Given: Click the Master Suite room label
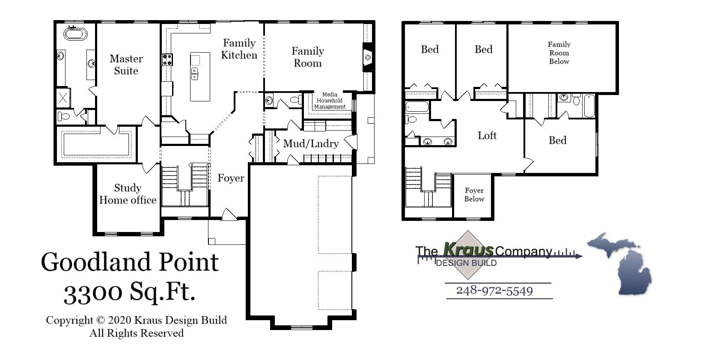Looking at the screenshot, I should [126, 65].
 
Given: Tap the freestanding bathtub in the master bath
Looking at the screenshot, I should [75, 33].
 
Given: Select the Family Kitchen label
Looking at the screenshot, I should [239, 49].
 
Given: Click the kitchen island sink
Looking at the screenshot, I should [195, 74].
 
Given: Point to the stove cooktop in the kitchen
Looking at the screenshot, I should [167, 60].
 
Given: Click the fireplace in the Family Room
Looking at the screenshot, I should [367, 57].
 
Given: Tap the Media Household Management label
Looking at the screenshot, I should [330, 101].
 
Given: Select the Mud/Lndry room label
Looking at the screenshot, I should [311, 143].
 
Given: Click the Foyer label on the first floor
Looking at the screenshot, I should [231, 178].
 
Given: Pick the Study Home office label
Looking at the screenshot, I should [128, 194].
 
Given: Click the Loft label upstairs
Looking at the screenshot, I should [487, 136].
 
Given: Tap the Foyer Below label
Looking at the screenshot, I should [474, 195].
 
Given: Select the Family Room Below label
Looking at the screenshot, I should [559, 53].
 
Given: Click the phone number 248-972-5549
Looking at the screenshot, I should [494, 291].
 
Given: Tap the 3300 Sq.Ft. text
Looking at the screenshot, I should [129, 293].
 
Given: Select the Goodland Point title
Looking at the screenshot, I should [130, 262].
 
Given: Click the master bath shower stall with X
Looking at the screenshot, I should [63, 98].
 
